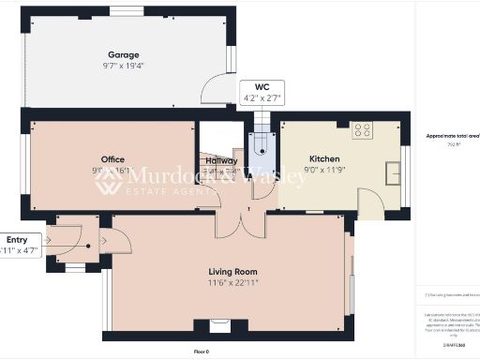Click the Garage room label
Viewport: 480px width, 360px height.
(x=124, y=54)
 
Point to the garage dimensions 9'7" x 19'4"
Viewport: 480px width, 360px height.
(x=124, y=66)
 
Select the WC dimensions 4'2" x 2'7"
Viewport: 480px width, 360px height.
(x=248, y=97)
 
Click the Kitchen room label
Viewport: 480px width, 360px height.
(x=324, y=159)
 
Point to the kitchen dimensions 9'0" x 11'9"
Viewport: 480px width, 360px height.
(x=324, y=170)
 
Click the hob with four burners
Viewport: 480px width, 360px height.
(x=361, y=130)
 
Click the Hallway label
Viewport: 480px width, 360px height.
(x=221, y=161)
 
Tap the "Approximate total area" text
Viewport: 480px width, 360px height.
(x=449, y=136)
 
